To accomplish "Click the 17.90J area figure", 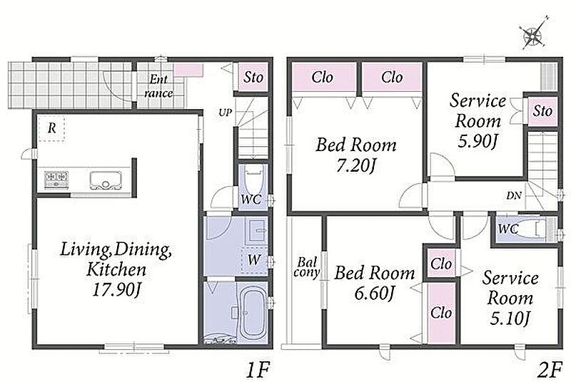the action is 116,290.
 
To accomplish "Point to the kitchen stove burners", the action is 56,179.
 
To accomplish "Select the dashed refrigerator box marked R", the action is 51,128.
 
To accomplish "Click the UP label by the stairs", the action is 225,113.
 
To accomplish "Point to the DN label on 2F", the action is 514,196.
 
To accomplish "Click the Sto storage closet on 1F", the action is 253,78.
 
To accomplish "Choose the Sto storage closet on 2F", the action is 542,111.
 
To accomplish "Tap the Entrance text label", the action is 158,86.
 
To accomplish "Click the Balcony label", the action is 307,267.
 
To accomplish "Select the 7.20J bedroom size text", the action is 355,166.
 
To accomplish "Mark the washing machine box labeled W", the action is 255,260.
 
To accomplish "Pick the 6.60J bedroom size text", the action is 375,294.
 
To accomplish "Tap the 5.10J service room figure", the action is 510,319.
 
